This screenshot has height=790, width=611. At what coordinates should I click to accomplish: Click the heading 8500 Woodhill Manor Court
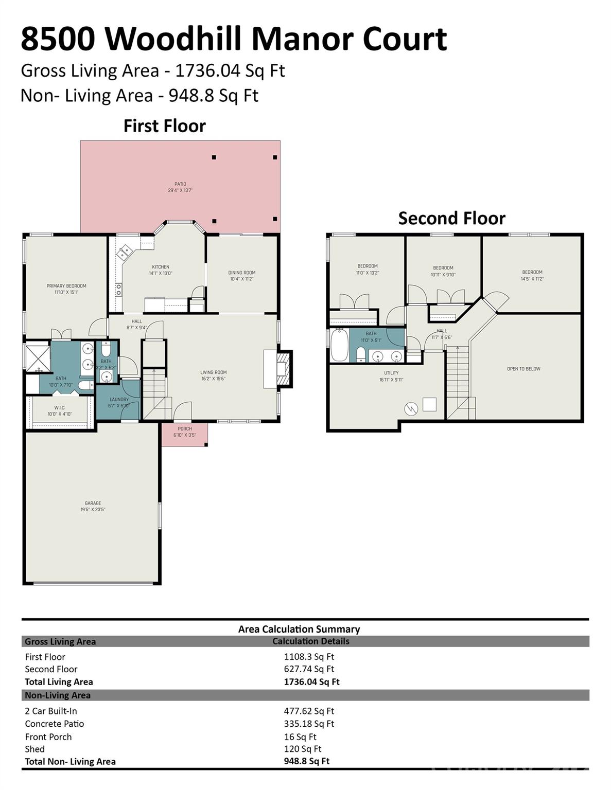pyautogui.click(x=234, y=39)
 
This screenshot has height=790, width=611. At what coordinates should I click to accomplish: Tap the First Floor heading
pyautogui.click(x=164, y=126)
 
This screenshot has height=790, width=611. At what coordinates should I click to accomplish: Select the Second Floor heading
pyautogui.click(x=451, y=218)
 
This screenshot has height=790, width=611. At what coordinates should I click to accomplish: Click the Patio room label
pyautogui.click(x=180, y=184)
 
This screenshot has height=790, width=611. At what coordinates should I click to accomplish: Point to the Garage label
pyautogui.click(x=93, y=504)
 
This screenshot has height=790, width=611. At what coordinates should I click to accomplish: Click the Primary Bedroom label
pyautogui.click(x=66, y=286)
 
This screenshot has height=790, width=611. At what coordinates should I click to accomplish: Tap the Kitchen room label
pyautogui.click(x=161, y=267)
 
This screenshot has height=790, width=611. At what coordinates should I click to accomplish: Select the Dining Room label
pyautogui.click(x=241, y=273)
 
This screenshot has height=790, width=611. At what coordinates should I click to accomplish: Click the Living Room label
pyautogui.click(x=213, y=372)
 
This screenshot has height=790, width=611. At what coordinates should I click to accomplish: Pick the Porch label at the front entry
pyautogui.click(x=184, y=429)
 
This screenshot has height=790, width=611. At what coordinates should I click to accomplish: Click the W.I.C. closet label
pyautogui.click(x=60, y=408)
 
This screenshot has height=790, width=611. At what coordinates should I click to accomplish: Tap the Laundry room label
pyautogui.click(x=119, y=400)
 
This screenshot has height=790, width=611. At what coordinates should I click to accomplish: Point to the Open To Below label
pyautogui.click(x=523, y=369)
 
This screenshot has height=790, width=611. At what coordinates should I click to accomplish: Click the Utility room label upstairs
pyautogui.click(x=391, y=373)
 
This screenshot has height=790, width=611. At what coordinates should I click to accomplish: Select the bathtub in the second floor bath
pyautogui.click(x=339, y=346)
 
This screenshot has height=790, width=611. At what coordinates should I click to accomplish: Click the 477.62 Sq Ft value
pyautogui.click(x=309, y=711)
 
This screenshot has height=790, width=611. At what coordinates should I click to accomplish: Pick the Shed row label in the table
pyautogui.click(x=35, y=749)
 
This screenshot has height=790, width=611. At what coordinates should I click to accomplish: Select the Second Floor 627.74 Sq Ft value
pyautogui.click(x=309, y=669)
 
